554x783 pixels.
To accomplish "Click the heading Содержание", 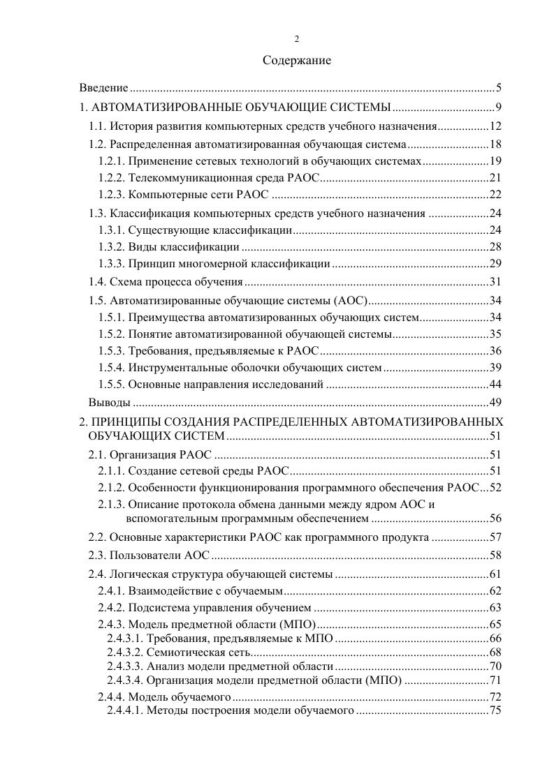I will pos(296,61).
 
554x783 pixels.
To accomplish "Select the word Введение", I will pos(103,88).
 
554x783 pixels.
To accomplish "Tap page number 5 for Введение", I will pos(499,88).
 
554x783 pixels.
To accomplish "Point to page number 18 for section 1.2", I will pos(496,144).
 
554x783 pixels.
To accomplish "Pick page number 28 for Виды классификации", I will pos(496,247).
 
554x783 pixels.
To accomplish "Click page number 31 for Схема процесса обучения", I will pos(496,282).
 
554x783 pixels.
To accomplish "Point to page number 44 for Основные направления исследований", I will pos(496,385).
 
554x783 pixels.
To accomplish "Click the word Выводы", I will pos(110,403).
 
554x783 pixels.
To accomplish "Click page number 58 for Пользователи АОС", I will pos(496,555).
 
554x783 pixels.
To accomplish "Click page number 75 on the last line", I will pos(496,710).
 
